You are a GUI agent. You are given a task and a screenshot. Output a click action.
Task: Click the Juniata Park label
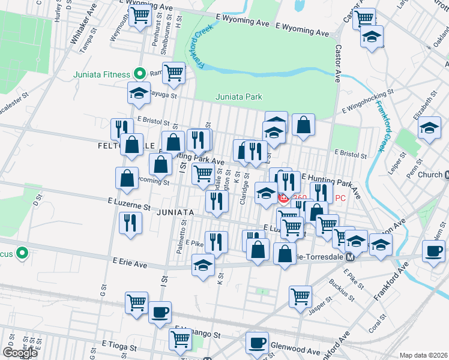click(x=239, y=97)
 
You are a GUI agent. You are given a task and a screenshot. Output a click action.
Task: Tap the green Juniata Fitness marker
click(x=140, y=74)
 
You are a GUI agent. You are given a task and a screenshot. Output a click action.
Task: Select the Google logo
click(x=20, y=353)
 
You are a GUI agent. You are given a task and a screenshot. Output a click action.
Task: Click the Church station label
click(x=430, y=175)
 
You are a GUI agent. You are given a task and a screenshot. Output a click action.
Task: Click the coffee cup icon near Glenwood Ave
click(x=258, y=343)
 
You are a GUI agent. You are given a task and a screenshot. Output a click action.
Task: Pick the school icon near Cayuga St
click(x=139, y=93)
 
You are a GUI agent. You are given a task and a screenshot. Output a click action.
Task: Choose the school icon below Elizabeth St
click(x=429, y=128)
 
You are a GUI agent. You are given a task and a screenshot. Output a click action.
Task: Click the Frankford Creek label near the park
click(x=203, y=47)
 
